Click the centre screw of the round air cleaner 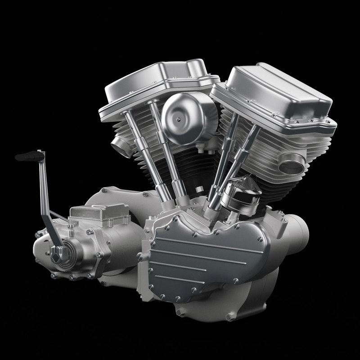pos(179,119)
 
